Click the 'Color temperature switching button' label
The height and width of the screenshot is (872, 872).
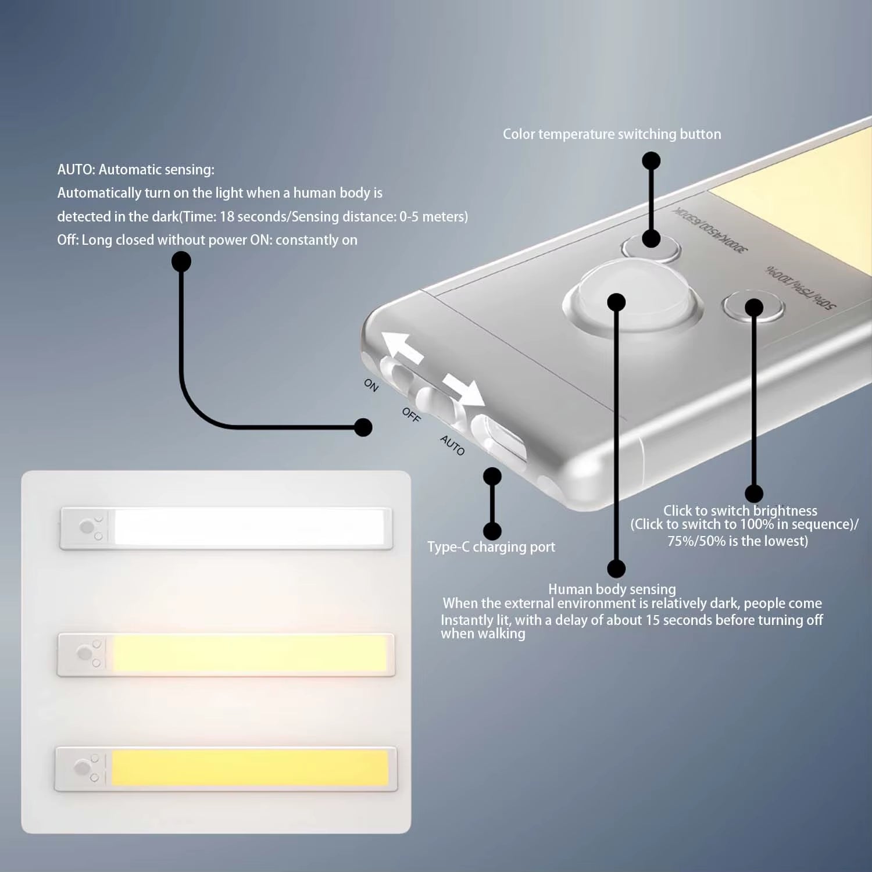pyautogui.click(x=612, y=134)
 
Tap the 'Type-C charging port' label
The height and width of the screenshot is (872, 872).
pyautogui.click(x=491, y=547)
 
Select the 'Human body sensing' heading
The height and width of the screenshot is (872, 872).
pyautogui.click(x=612, y=589)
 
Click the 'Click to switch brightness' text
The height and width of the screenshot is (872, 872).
pyautogui.click(x=740, y=511)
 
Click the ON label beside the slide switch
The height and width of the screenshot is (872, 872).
pyautogui.click(x=371, y=385)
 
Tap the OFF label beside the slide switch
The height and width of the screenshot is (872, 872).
pyautogui.click(x=411, y=414)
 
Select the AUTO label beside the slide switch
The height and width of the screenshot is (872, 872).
pyautogui.click(x=452, y=445)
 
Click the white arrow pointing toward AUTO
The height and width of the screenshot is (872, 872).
pyautogui.click(x=464, y=390)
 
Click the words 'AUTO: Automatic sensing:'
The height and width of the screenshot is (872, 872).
pyautogui.click(x=135, y=170)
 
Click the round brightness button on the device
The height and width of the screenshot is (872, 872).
pyautogui.click(x=753, y=306)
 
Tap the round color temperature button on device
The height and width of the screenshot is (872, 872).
pyautogui.click(x=651, y=246)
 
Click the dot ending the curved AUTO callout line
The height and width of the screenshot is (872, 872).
pyautogui.click(x=363, y=427)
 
